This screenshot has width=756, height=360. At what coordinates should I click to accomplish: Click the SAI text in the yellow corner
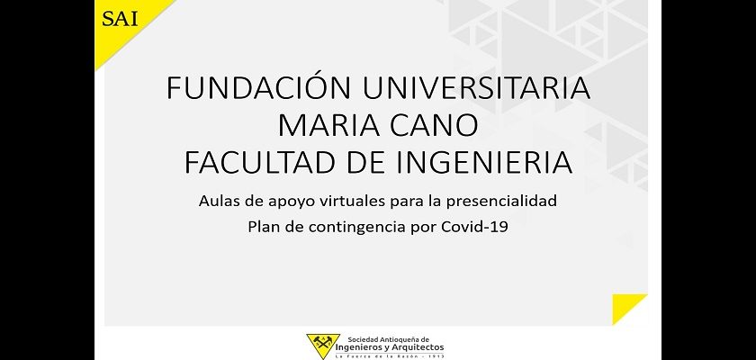coord(120,18)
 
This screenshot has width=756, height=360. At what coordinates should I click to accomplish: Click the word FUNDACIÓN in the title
coord(258,87)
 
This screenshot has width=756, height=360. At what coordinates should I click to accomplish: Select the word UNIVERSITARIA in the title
coord(476,88)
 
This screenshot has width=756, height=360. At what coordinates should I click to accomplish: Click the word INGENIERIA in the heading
coord(484,163)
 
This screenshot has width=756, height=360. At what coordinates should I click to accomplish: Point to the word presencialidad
coord(501,202)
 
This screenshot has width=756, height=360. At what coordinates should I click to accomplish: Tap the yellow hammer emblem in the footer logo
coord(322,345)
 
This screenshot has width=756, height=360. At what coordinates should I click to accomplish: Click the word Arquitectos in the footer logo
coord(417,347)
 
